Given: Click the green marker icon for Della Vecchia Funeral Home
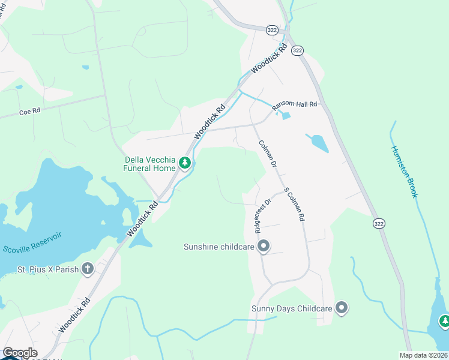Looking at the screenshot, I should (185, 163).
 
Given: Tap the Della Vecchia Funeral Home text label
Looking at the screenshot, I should (149, 164).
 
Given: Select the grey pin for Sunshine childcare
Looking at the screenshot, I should (263, 246).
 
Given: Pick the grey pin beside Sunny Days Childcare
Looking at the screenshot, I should (342, 308).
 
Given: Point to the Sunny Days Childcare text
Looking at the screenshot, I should (291, 308).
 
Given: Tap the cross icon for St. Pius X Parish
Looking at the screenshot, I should (88, 269).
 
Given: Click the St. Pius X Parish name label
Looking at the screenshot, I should (47, 269).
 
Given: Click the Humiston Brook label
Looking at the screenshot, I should (408, 172).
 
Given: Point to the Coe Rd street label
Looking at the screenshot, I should (29, 112).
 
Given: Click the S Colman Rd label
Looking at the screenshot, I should (294, 205).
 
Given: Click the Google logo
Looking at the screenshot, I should (20, 353).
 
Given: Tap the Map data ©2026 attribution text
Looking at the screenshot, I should (424, 355).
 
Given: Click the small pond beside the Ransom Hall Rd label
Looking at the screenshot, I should (286, 115).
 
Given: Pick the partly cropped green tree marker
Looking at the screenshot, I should (444, 322).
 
